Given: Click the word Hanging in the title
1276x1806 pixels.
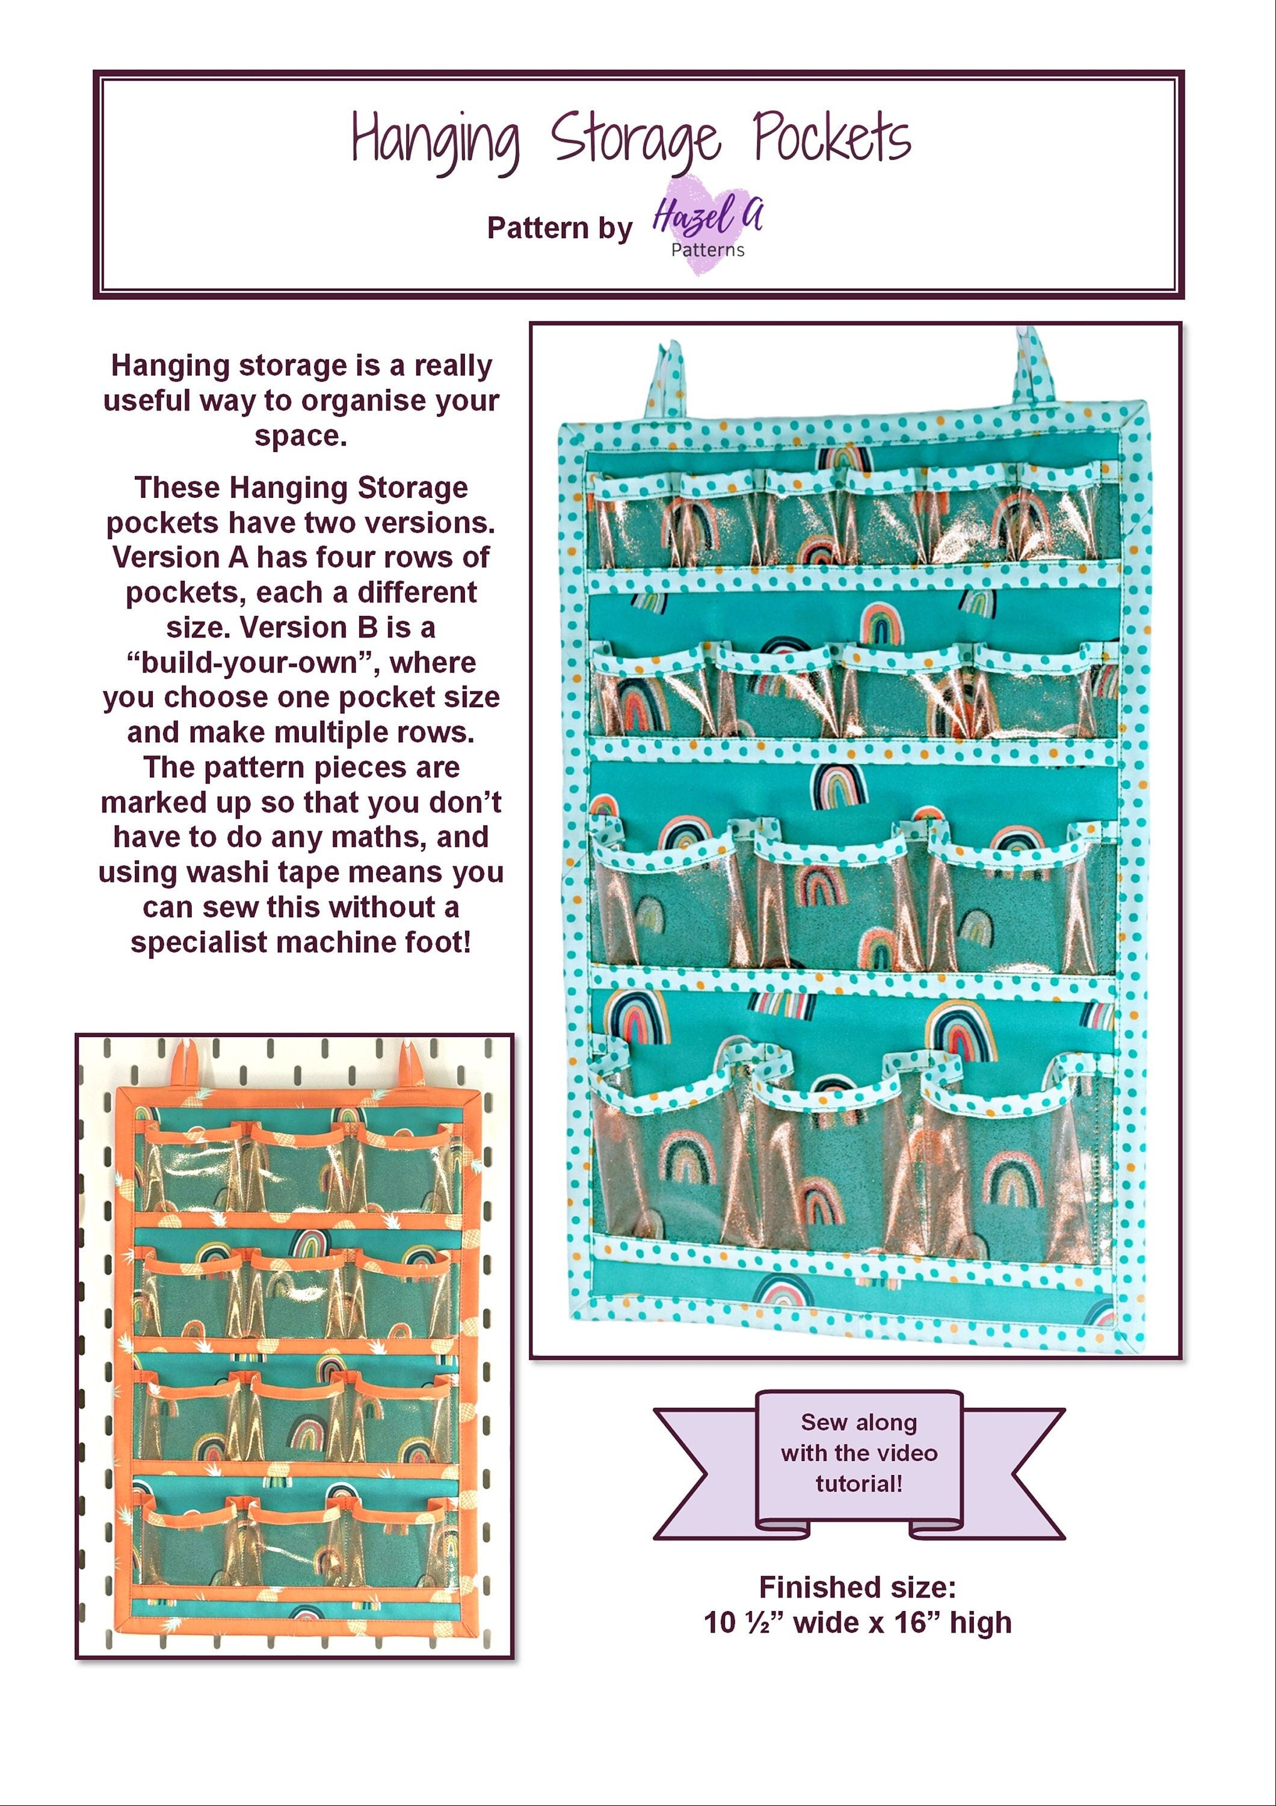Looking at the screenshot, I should (x=435, y=140).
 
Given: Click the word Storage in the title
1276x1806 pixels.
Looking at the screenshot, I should (x=635, y=140).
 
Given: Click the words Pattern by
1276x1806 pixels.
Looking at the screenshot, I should (x=559, y=228).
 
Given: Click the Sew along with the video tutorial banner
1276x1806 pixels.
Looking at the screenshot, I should (x=858, y=1453).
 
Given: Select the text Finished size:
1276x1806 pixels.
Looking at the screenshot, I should (x=857, y=1587).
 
